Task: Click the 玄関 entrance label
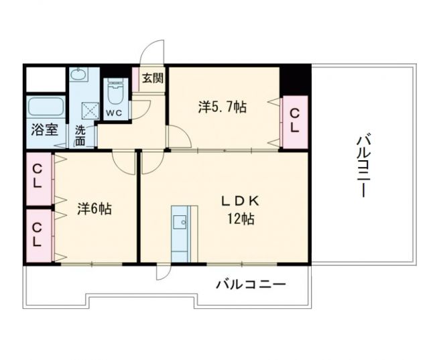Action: click(151, 77)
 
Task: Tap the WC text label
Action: click(113, 113)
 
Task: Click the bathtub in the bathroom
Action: click(46, 107)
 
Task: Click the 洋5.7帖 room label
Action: click(221, 106)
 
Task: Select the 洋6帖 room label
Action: click(94, 208)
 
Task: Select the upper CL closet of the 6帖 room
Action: click(38, 178)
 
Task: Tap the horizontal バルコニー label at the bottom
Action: click(250, 284)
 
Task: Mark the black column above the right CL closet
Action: click(294, 80)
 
